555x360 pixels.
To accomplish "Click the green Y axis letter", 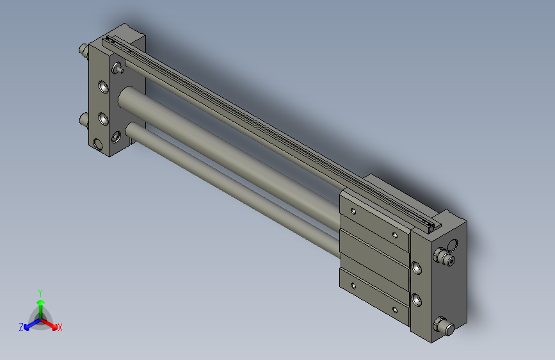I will (x=40, y=291).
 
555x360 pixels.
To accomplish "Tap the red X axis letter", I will (x=60, y=327).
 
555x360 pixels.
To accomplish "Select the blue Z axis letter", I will (x=21, y=327).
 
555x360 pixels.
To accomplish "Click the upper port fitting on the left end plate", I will (x=83, y=50).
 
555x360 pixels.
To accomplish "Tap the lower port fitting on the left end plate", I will (x=83, y=119).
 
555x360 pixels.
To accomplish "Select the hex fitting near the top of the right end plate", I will (x=442, y=259).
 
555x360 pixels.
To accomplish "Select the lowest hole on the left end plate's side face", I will (x=97, y=143).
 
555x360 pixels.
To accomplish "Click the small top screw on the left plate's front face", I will (x=116, y=67).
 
